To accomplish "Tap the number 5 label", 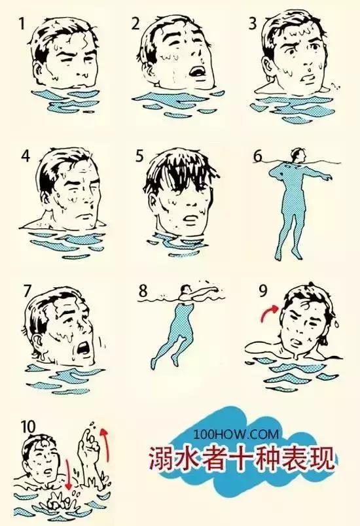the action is click(x=139, y=156).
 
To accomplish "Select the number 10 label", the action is click(x=28, y=427).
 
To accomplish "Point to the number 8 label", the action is click(x=143, y=291).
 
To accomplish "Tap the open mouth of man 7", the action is click(x=82, y=349).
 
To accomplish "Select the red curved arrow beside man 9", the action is click(x=268, y=312).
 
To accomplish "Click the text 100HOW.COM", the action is click(x=236, y=434).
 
